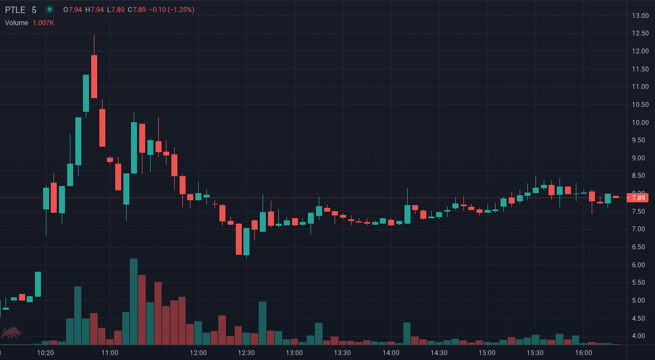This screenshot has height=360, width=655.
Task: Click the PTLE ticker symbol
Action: click(15, 10)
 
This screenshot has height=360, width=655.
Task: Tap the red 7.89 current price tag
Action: click(638, 197)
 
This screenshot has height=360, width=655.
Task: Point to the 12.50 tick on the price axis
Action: click(640, 33)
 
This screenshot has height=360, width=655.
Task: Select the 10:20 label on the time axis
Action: click(45, 353)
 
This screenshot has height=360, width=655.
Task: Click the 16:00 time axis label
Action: click(583, 353)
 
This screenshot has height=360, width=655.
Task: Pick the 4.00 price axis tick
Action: click(640, 336)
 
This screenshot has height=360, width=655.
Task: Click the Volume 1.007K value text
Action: click(43, 23)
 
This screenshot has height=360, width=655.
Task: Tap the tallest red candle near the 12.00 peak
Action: click(94, 76)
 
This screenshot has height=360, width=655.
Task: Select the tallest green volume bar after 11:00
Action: click(134, 302)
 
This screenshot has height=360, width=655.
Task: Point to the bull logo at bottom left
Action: click(11, 332)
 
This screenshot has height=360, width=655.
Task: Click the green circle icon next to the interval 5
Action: click(50, 9)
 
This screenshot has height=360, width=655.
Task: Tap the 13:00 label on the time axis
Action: click(294, 353)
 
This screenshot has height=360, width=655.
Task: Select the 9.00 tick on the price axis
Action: click(640, 158)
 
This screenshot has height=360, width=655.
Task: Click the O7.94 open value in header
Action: click(73, 10)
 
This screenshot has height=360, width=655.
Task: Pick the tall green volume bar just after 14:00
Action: click(407, 333)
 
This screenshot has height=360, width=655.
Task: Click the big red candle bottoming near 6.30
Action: click(239, 239)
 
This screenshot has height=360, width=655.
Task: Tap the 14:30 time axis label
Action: click(439, 353)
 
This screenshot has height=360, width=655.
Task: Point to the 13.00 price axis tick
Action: click(640, 15)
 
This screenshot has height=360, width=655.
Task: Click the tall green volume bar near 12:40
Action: click(263, 323)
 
